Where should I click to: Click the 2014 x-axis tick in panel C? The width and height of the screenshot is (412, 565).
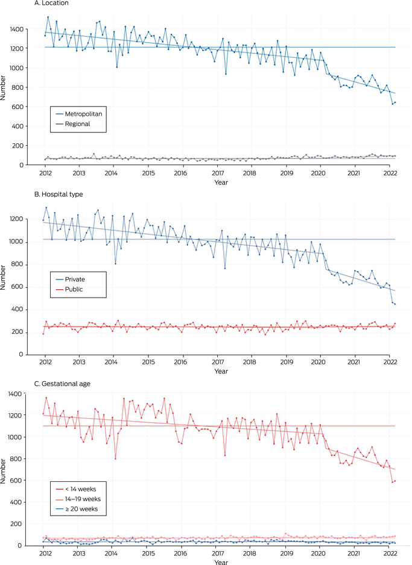(x=112, y=553)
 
